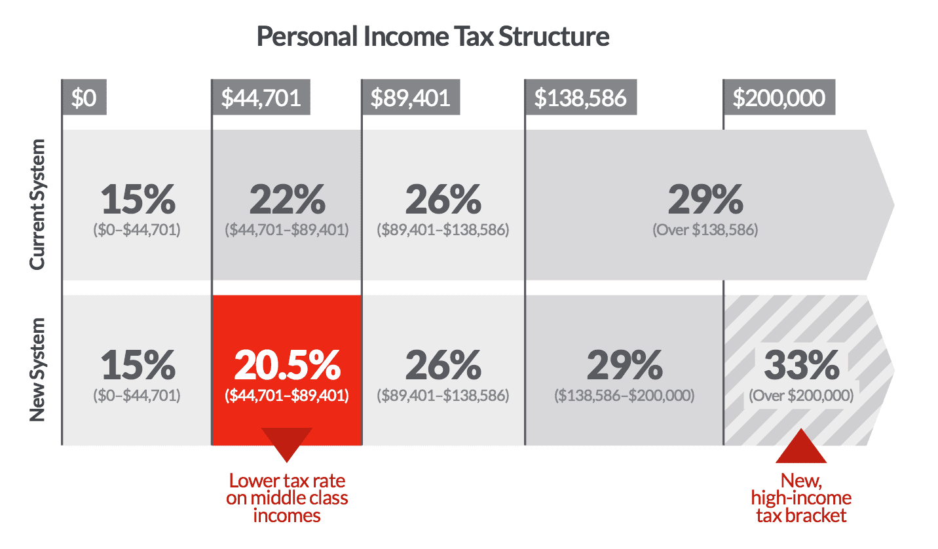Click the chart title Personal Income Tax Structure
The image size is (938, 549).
pyautogui.click(x=432, y=37)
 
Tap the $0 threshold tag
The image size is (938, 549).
pyautogui.click(x=84, y=98)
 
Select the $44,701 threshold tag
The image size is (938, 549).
pyautogui.click(x=261, y=98)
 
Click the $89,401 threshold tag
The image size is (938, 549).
pyautogui.click(x=411, y=98)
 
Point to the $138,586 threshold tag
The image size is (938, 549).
pyautogui.click(x=580, y=98)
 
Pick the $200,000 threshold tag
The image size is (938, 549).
pyautogui.click(x=779, y=98)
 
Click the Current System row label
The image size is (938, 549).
pyautogui.click(x=38, y=204)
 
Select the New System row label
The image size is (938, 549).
pyautogui.click(x=38, y=369)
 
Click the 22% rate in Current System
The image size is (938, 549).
pyautogui.click(x=287, y=199)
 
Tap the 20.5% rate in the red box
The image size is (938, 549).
pyautogui.click(x=287, y=366)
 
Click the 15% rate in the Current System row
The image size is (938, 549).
pyautogui.click(x=138, y=199)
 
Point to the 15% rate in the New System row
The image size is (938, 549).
pyautogui.click(x=138, y=366)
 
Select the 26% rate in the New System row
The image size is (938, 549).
pyautogui.click(x=443, y=366)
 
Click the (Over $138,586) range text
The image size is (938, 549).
pyautogui.click(x=705, y=230)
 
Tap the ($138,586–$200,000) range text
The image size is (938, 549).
pyautogui.click(x=624, y=396)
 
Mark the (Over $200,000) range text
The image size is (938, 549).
pyautogui.click(x=801, y=396)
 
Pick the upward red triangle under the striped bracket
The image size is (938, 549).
pyautogui.click(x=801, y=447)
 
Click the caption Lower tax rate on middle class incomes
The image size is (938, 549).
pyautogui.click(x=287, y=498)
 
